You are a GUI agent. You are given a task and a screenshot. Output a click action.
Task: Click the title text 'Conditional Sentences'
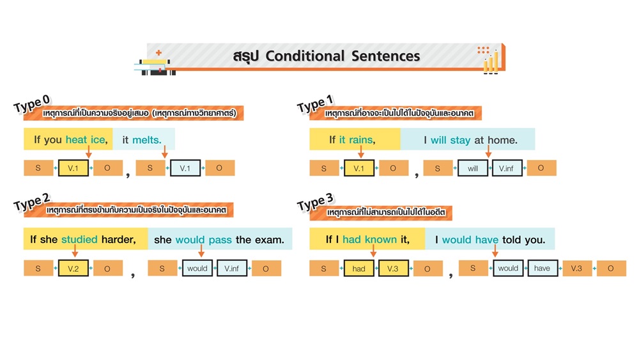point(343,56)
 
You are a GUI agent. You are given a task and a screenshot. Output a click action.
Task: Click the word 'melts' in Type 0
point(147,139)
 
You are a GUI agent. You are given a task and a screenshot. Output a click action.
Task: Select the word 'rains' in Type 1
point(362,139)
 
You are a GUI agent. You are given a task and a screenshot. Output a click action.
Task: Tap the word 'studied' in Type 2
point(79,240)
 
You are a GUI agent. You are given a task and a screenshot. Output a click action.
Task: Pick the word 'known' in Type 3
point(381,240)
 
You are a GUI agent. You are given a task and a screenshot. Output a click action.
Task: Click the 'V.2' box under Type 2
point(73,269)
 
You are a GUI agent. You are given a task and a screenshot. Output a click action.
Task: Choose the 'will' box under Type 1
point(473,168)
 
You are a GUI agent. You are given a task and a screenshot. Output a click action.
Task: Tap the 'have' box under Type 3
point(542,269)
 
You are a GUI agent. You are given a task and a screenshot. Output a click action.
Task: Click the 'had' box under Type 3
point(359,269)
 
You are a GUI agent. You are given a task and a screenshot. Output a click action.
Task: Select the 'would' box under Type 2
point(197,269)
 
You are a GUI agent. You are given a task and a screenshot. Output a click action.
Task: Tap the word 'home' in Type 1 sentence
point(502,139)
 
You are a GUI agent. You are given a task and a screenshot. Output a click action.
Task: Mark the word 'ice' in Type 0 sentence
point(98,139)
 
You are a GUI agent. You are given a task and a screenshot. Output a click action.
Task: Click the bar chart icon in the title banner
point(490,60)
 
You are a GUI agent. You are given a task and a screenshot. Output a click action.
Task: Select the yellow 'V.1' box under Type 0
point(73,168)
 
